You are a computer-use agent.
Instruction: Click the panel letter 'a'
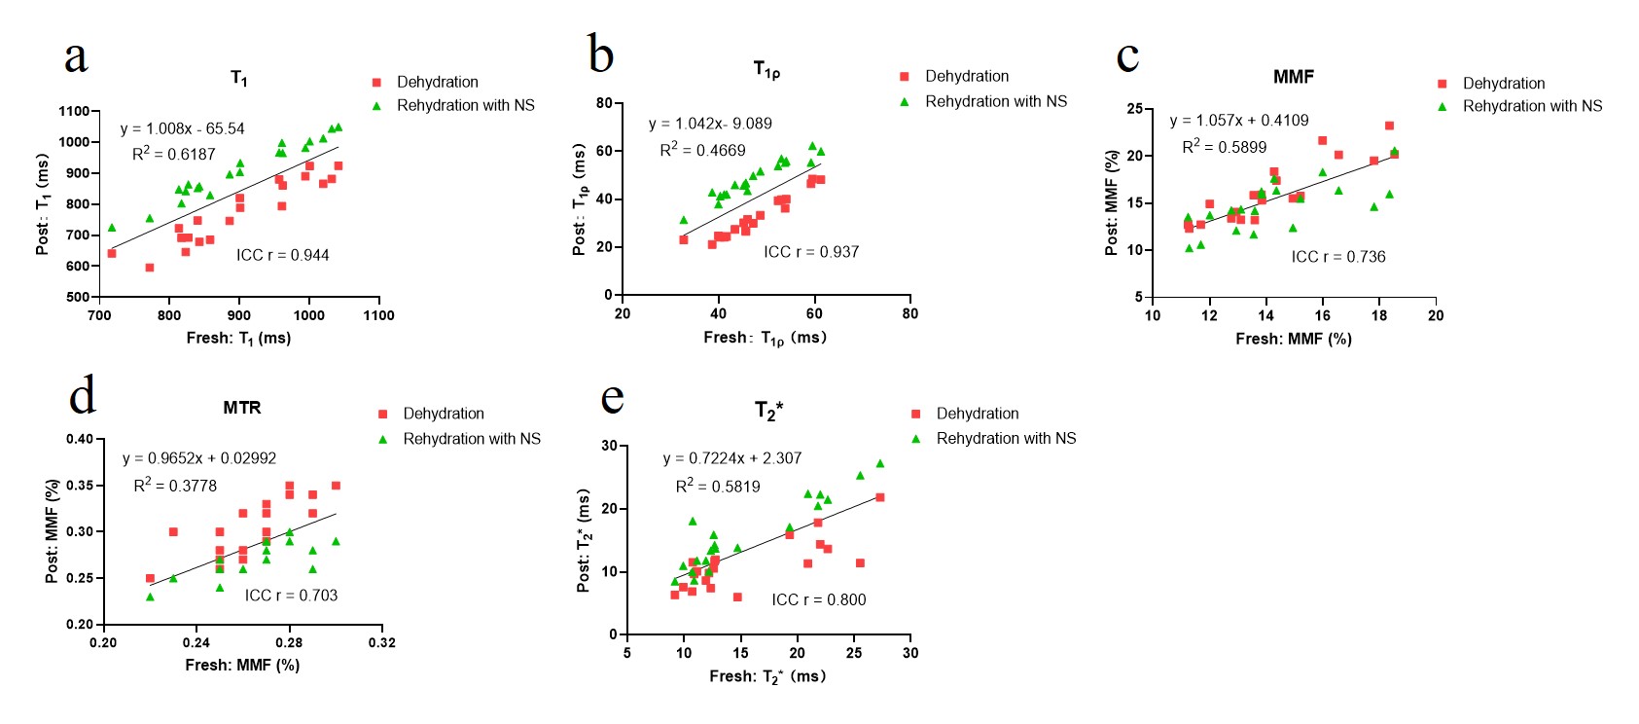76,58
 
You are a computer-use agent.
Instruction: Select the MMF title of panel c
1293,77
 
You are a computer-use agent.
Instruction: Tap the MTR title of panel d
241,408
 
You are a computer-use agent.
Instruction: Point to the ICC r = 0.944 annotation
282,255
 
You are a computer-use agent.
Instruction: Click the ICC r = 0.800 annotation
818,599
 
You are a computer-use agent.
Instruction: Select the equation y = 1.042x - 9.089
710,124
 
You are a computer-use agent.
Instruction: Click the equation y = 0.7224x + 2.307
732,458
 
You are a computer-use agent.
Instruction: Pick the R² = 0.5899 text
1224,147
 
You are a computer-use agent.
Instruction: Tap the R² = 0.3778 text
175,486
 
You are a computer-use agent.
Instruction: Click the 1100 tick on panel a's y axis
75,112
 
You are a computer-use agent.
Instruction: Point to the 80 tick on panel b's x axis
909,313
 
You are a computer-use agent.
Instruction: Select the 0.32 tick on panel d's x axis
382,642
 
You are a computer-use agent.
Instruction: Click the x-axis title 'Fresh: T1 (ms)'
238,339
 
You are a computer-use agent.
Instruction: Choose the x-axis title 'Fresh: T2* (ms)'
767,676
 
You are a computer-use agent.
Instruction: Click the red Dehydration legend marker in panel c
1443,84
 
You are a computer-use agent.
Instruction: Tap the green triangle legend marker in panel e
915,439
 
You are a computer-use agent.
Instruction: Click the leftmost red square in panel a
112,254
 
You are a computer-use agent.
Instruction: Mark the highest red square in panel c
1389,126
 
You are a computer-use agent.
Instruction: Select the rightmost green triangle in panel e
880,463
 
